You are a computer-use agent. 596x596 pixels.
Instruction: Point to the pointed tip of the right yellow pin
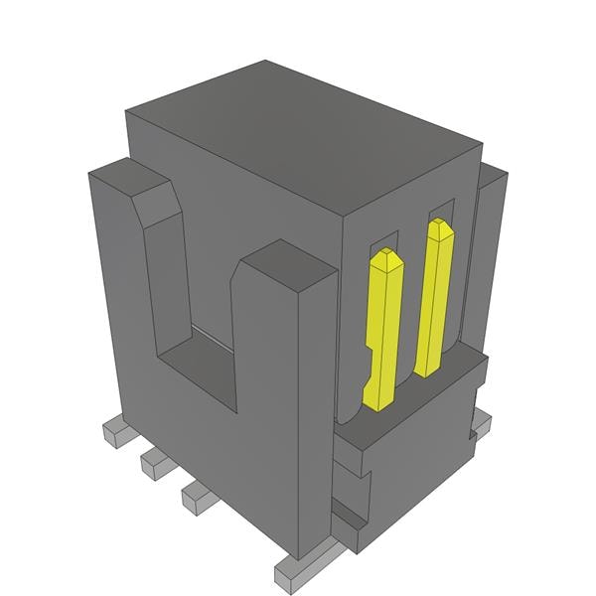pyautogui.click(x=440, y=227)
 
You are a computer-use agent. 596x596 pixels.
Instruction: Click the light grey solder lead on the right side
pyautogui.click(x=481, y=423)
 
